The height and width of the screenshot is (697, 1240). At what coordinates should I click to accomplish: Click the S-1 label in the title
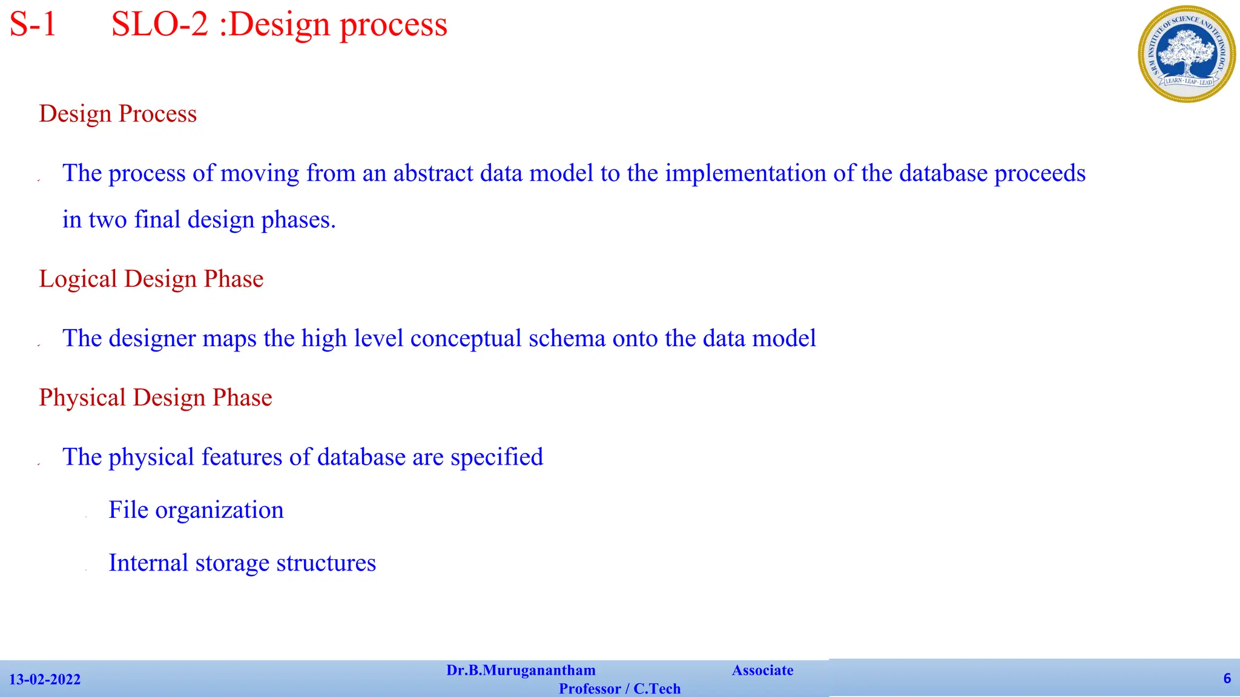pos(33,25)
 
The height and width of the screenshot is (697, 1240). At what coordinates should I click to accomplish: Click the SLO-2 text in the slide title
pos(160,25)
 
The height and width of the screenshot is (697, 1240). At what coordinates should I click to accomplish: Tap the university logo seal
pos(1186,54)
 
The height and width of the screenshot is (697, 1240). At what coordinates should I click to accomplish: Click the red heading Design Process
pos(118,114)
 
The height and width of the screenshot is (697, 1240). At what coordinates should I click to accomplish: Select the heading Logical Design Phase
pos(151,279)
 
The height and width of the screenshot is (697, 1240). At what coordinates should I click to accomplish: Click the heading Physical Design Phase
pos(156,398)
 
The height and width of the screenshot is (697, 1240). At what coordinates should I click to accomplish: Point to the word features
pos(242,457)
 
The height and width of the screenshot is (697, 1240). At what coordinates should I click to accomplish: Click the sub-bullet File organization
pos(196,510)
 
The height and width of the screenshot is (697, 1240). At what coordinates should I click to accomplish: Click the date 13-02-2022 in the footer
pos(45,679)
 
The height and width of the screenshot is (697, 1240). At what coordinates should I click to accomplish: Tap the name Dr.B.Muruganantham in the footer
pos(521,670)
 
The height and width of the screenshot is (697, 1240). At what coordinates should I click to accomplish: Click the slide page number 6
pos(1227,678)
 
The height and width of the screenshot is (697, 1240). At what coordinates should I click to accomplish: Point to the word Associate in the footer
pos(762,670)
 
